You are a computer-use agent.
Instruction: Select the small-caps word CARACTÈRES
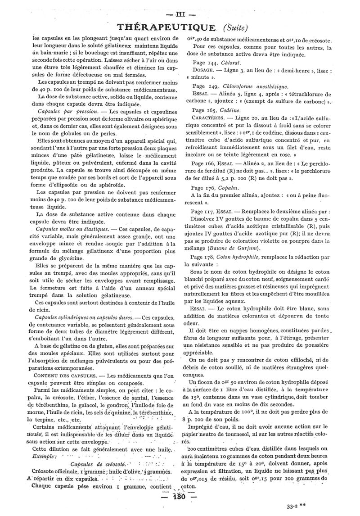209,118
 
